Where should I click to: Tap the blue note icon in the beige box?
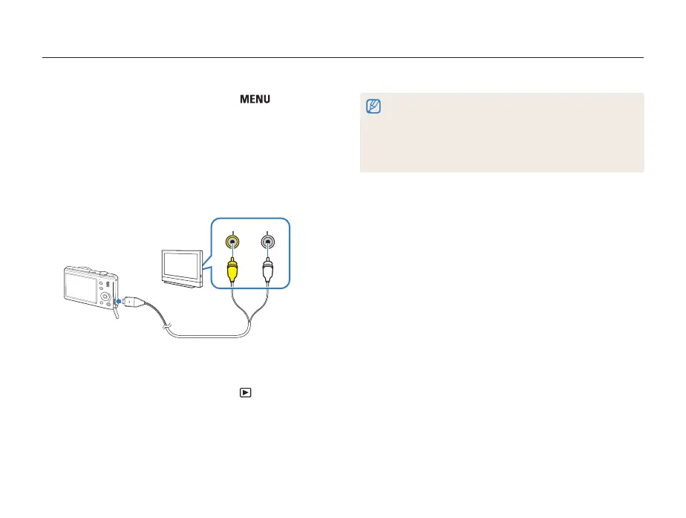point(373,107)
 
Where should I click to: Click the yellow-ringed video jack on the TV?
point(234,242)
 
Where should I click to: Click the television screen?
point(180,265)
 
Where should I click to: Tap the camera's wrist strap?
point(117,315)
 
